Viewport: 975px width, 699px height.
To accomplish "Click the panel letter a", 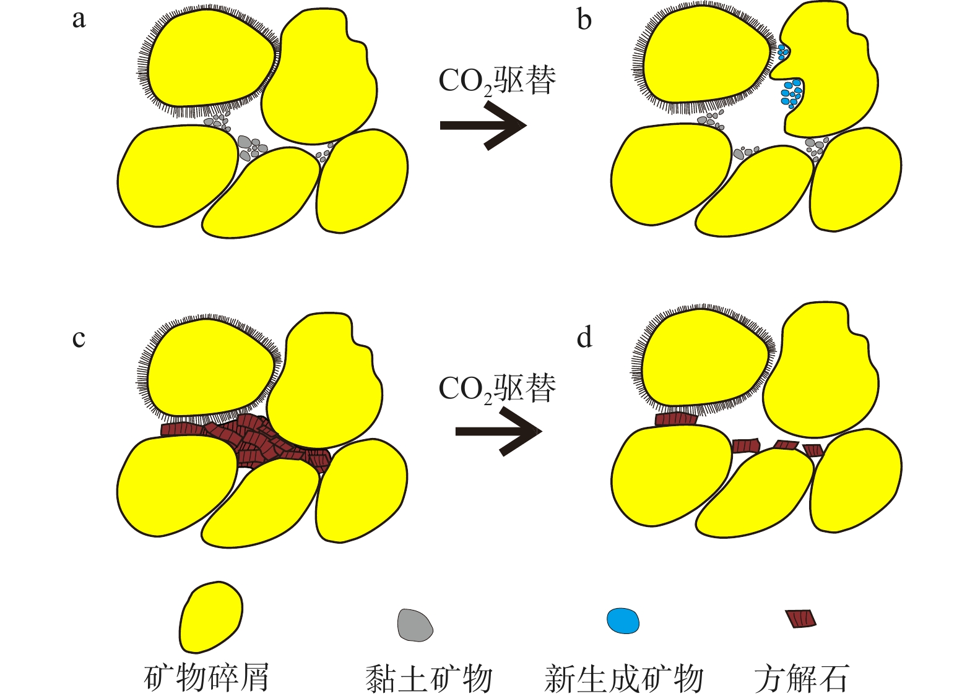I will pos(79,19).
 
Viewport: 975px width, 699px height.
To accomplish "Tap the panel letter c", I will pos(79,338).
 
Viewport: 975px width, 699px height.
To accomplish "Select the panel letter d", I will pos(584,337).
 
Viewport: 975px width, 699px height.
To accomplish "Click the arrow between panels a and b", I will pos(483,126).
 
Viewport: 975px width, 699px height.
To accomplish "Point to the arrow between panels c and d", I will pos(498,431).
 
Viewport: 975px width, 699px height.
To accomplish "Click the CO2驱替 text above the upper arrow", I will pos(497,81).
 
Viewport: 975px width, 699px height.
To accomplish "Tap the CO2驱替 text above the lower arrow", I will pos(497,388).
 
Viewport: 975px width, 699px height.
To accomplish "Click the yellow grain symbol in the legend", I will pos(210,616).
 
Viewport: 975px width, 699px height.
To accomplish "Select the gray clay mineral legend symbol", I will pos(415,625).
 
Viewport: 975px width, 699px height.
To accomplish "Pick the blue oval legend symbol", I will pos(623,621).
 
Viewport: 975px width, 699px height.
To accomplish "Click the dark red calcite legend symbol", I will pos(801,618).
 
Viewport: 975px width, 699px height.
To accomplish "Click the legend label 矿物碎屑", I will pos(207,678).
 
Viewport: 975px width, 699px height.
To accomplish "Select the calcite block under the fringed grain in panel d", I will pos(676,419).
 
